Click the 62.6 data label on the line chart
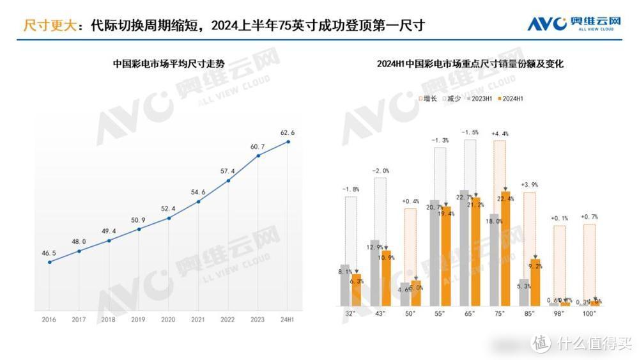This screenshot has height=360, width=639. pyautogui.click(x=287, y=132)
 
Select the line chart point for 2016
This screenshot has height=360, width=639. pyautogui.click(x=50, y=262)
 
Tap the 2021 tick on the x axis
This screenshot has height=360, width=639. pyautogui.click(x=198, y=319)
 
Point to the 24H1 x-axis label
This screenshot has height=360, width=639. pyautogui.click(x=287, y=319)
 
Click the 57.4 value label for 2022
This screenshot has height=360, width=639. pyautogui.click(x=227, y=171)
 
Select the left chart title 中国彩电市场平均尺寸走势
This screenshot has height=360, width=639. pyautogui.click(x=168, y=64)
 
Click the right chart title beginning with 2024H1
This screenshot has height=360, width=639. pyautogui.click(x=470, y=64)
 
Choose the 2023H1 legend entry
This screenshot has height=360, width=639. pyautogui.click(x=479, y=98)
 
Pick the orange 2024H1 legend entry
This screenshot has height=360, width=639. pyautogui.click(x=512, y=98)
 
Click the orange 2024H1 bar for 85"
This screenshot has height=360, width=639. pyautogui.click(x=535, y=281)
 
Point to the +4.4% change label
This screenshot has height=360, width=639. pyautogui.click(x=499, y=134)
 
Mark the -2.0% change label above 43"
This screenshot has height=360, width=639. pyautogui.click(x=380, y=171)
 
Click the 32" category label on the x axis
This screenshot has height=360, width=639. pyautogui.click(x=351, y=313)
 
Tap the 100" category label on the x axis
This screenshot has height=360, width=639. pyautogui.click(x=589, y=313)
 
